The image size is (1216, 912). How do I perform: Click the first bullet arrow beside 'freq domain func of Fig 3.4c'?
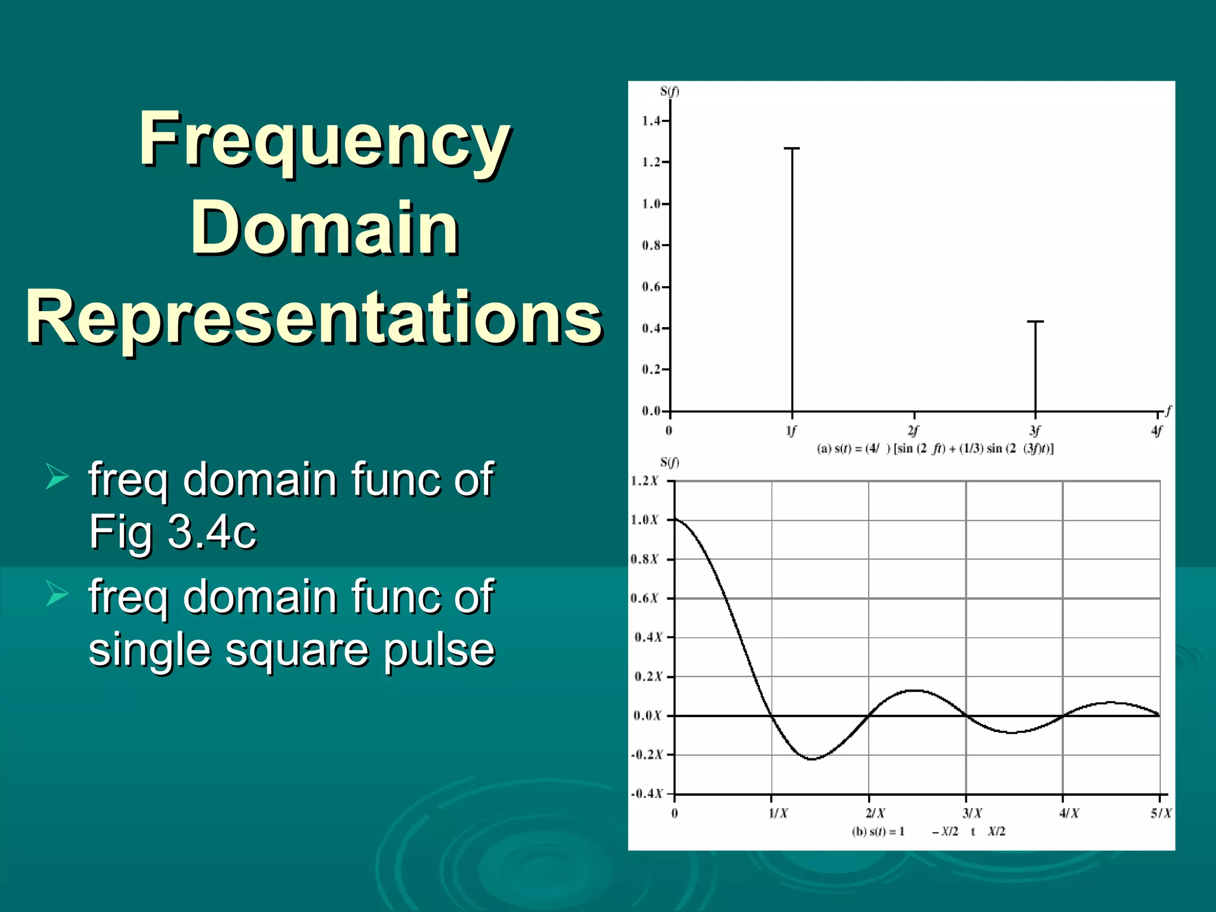click(57, 477)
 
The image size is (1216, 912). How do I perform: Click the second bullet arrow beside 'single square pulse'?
click(57, 594)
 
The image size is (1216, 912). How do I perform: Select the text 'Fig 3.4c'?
click(172, 531)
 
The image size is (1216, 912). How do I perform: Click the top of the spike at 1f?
click(791, 148)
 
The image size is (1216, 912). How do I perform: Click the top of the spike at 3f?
click(1035, 322)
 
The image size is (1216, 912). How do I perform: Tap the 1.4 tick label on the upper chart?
click(651, 121)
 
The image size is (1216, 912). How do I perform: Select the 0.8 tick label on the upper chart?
click(651, 245)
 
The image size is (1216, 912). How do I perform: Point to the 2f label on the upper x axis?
click(913, 430)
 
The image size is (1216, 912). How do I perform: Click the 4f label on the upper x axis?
click(1157, 430)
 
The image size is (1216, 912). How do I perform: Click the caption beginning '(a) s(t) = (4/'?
click(935, 449)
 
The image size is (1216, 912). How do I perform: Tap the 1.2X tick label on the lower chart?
click(644, 481)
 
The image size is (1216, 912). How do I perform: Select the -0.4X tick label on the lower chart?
click(647, 794)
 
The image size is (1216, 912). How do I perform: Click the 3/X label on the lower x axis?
click(972, 813)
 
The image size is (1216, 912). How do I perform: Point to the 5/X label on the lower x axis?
click(1161, 813)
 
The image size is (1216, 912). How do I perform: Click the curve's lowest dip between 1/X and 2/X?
click(812, 759)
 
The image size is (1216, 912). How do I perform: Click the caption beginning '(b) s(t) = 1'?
click(928, 831)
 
